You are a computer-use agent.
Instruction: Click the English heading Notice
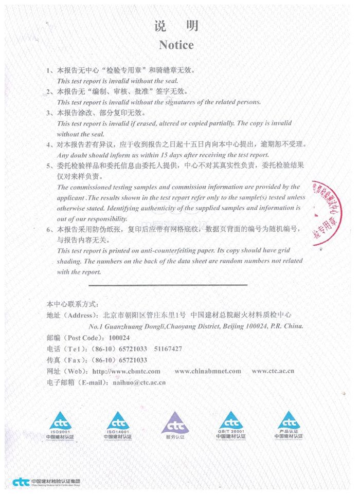(x=176, y=45)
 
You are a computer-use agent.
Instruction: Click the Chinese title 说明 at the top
(x=176, y=26)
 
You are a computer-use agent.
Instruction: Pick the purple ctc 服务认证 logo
(x=175, y=425)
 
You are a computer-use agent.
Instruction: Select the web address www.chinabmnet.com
(x=207, y=371)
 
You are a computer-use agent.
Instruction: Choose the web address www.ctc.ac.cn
(x=273, y=371)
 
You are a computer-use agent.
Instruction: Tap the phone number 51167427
(x=168, y=349)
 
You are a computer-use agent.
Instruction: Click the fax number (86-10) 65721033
(x=119, y=360)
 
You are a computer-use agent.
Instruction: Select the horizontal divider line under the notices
(x=168, y=284)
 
